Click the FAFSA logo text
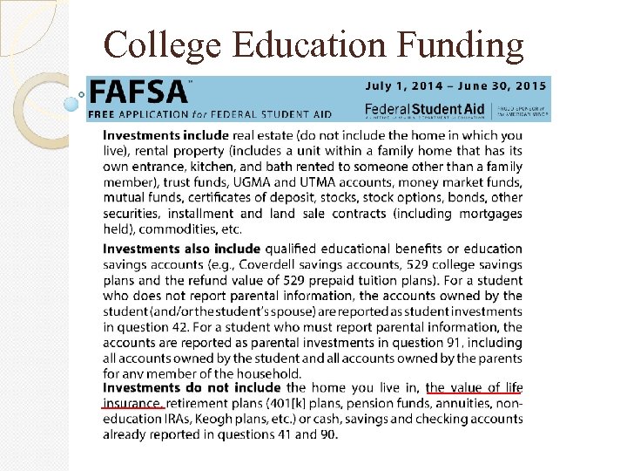[x=138, y=92]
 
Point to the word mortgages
[x=491, y=214]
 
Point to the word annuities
[x=468, y=403]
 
